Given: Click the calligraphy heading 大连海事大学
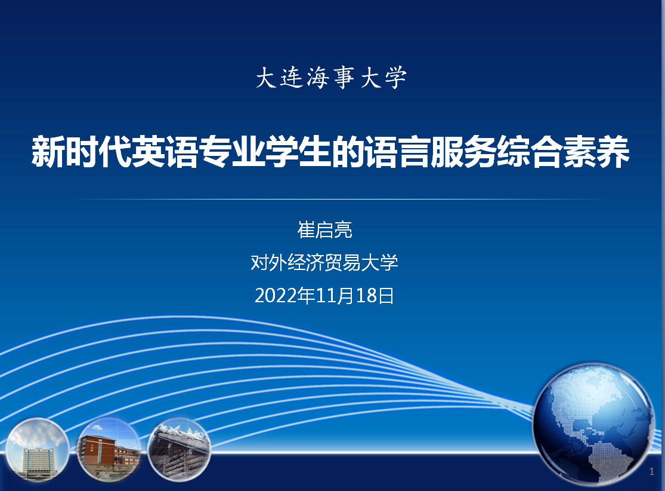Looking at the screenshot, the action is coord(331,78).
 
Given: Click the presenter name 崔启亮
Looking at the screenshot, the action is coord(324,230).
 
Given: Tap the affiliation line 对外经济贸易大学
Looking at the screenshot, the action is coord(324,262).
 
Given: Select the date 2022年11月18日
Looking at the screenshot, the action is coord(324,296).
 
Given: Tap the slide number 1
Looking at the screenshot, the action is coord(652,471).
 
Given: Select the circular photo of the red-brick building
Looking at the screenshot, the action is coord(109,449).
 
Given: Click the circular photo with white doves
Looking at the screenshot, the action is coord(179,449).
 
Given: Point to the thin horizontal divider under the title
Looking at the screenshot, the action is coord(340,199).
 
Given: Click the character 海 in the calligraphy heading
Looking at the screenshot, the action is coord(318,78).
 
